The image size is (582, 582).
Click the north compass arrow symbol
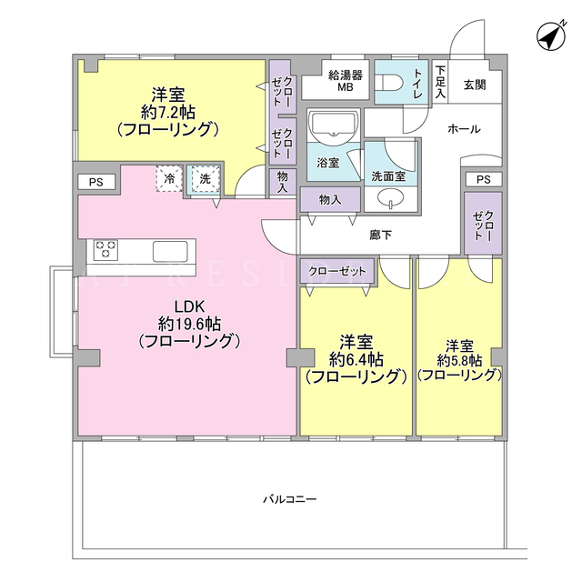(552, 36)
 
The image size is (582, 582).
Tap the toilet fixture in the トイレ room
(386, 83)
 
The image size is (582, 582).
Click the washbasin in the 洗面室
(391, 197)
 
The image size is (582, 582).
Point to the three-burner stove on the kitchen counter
(105, 249)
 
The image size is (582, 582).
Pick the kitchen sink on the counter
(170, 252)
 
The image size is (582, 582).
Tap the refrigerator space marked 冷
(169, 178)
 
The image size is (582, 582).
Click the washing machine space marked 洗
(205, 179)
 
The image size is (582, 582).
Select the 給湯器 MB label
(346, 81)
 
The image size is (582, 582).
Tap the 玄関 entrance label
(475, 85)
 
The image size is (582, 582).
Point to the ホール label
(464, 129)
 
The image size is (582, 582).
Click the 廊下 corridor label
(380, 235)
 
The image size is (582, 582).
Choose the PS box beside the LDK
(96, 182)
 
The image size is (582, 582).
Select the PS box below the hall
(483, 180)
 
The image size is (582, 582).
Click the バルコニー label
(290, 499)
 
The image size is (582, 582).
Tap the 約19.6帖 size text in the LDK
(189, 324)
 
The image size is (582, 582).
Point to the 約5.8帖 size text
(459, 360)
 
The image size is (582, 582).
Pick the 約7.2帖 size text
(168, 112)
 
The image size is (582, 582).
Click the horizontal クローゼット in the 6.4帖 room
(336, 271)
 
